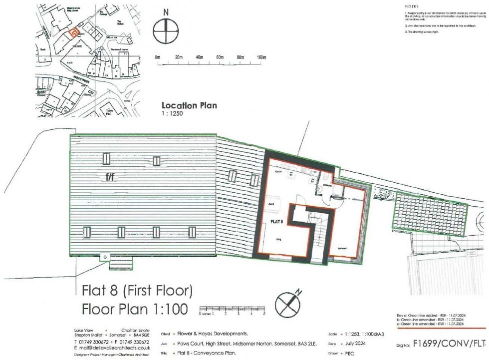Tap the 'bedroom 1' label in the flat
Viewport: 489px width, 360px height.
pyautogui.click(x=343, y=248)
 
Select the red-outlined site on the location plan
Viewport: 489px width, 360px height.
pyautogui.click(x=73, y=33)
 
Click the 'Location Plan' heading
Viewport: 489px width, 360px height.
pyautogui.click(x=189, y=106)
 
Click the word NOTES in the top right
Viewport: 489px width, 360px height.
pyautogui.click(x=412, y=6)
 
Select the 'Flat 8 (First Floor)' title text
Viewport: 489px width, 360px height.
pyautogui.click(x=137, y=291)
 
